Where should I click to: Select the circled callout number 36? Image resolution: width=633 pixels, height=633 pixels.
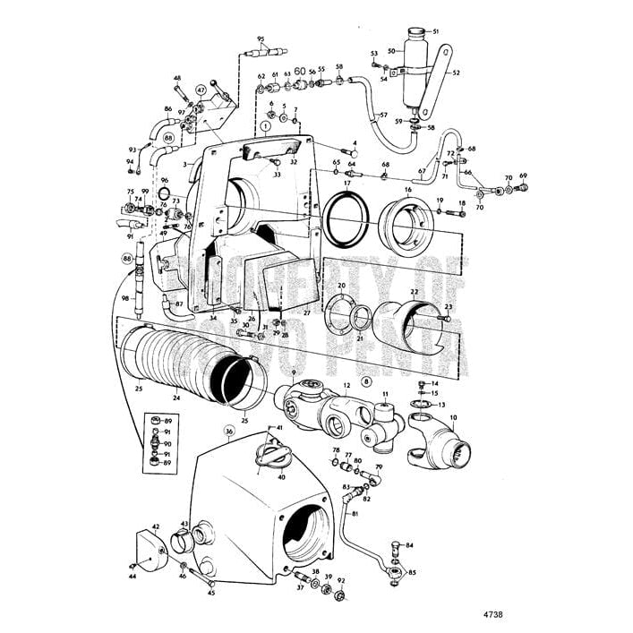point(229,431)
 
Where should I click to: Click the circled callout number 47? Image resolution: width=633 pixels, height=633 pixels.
point(201,90)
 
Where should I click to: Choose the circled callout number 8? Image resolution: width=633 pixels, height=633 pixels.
point(365,381)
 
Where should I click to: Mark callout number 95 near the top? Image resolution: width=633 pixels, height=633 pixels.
point(261,38)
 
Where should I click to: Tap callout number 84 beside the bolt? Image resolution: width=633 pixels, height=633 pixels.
point(409,544)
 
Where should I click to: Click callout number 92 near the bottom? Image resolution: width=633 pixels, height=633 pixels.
point(340,580)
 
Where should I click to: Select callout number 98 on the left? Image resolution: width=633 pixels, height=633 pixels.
point(124,297)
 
